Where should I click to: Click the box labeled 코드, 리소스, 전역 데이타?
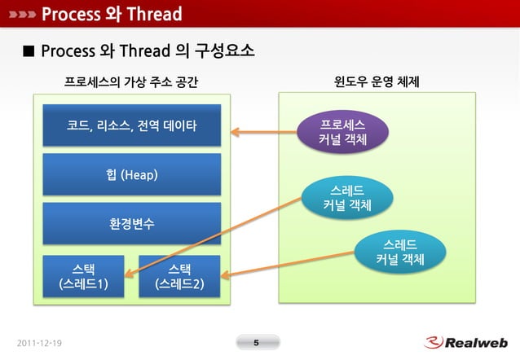pos(131,125)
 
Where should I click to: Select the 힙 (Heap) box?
pos(131,174)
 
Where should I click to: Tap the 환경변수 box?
pos(131,223)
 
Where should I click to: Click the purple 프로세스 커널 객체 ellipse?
pos(342,131)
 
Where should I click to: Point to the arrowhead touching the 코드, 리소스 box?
pos(235,131)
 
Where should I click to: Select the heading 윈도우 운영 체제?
pos(377,82)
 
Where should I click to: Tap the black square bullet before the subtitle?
pos(28,52)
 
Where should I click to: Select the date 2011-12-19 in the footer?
pos(39,343)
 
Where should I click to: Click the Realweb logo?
pos(466,342)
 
